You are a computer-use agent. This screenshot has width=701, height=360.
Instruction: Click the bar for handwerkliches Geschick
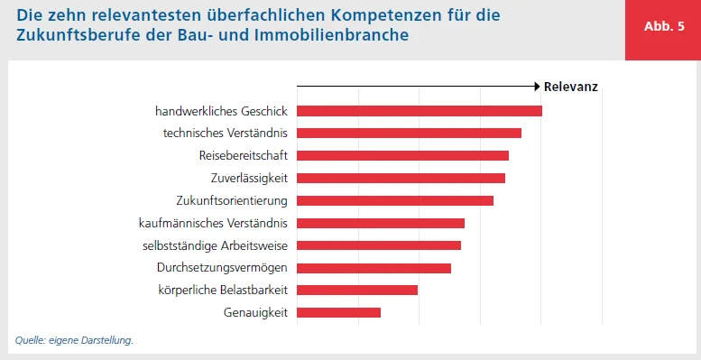click(x=419, y=111)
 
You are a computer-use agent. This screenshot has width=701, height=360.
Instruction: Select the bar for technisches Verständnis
click(x=409, y=134)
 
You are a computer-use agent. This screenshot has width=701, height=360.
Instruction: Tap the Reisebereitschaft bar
click(x=402, y=155)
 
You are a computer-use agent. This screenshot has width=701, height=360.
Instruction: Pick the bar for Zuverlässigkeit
click(x=401, y=178)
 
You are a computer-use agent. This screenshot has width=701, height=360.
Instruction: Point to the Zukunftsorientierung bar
click(x=394, y=200)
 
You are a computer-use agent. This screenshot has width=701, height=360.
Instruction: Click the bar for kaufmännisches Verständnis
click(x=380, y=223)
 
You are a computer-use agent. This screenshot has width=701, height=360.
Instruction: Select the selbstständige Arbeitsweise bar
click(x=378, y=245)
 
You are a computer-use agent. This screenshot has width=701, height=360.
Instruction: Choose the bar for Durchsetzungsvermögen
click(x=374, y=268)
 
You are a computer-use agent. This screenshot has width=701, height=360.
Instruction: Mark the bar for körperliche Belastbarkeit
click(x=356, y=291)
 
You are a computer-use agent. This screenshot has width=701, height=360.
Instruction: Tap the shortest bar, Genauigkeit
click(x=338, y=313)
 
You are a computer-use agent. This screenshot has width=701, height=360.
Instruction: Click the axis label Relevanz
click(x=571, y=88)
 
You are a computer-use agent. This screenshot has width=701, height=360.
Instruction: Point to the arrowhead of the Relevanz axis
click(x=535, y=88)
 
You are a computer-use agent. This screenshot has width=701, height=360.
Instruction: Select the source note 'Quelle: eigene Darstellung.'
click(x=74, y=340)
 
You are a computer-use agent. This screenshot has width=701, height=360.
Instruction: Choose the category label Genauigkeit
click(x=255, y=313)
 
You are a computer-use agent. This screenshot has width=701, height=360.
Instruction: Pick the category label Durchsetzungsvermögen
click(x=222, y=268)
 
